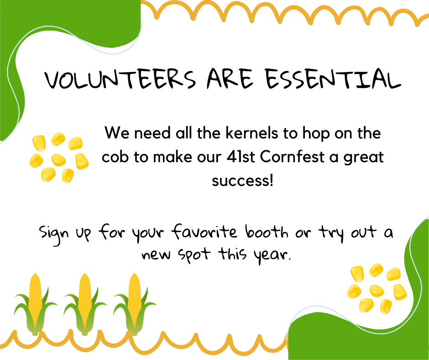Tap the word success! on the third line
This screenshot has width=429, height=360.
pyautogui.click(x=243, y=181)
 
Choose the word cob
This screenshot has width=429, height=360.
pyautogui.click(x=115, y=157)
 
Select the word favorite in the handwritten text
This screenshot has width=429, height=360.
pyautogui.click(x=204, y=232)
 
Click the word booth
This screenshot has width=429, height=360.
pyautogui.click(x=267, y=232)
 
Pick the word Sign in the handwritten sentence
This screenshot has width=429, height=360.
pyautogui.click(x=54, y=234)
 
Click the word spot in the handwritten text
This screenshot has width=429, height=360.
pyautogui.click(x=194, y=255)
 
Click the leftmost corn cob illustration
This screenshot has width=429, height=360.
pyautogui.click(x=35, y=304)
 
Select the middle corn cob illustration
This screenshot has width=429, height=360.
pyautogui.click(x=84, y=304)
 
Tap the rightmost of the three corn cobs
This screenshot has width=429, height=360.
pyautogui.click(x=134, y=304)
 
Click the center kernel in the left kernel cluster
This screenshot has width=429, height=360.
pyautogui.click(x=58, y=160)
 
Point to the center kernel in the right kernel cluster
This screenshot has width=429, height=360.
pyautogui.click(x=377, y=291)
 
